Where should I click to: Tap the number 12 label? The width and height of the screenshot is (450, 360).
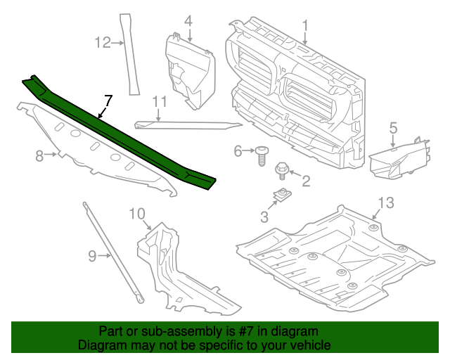tap(103, 43)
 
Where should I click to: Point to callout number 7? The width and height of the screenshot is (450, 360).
tap(108, 101)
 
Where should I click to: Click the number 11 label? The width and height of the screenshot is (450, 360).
tap(160, 101)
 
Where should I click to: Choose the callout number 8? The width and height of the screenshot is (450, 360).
tap(40, 155)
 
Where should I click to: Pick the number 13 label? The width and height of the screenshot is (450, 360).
tap(387, 203)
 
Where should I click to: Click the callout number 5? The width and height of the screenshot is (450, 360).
tap(393, 127)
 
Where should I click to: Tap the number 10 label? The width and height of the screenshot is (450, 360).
tap(136, 213)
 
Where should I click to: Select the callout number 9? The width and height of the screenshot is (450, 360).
tap(92, 256)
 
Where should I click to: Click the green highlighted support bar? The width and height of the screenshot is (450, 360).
tap(120, 134)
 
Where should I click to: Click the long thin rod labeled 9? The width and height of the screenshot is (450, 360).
tap(112, 253)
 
